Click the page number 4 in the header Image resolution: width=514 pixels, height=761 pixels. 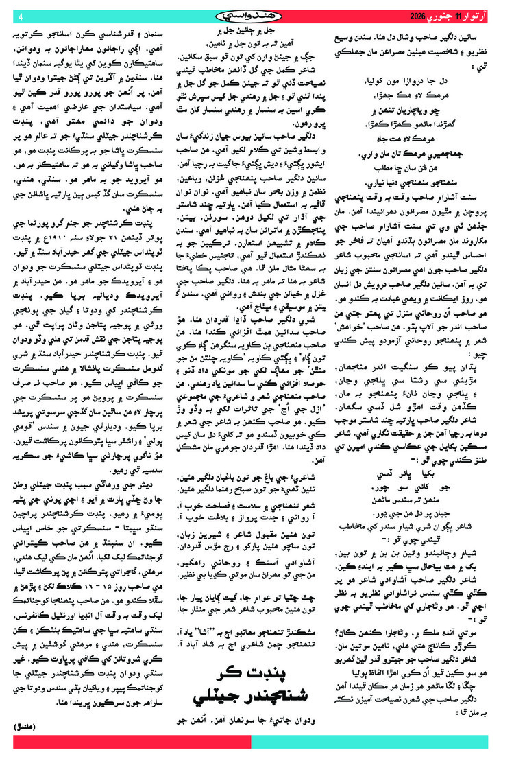pos(21,15)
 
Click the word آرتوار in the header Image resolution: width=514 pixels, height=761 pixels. pos(487,15)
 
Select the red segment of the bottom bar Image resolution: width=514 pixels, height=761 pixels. pos(130,742)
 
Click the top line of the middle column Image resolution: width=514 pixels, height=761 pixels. pos(252,32)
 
